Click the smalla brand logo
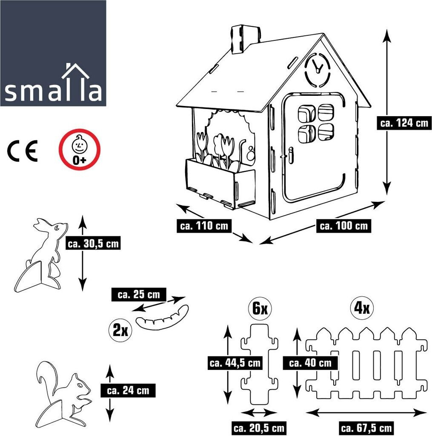pos(53,53)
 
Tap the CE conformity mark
pos(23,150)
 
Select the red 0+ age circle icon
pos(80,149)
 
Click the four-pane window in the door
pos(316,123)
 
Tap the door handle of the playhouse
pos(291,155)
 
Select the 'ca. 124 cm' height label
pos(403,123)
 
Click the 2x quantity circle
pos(120,330)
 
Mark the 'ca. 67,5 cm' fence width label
pos(366,427)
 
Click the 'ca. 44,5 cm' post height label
pos(235,363)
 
